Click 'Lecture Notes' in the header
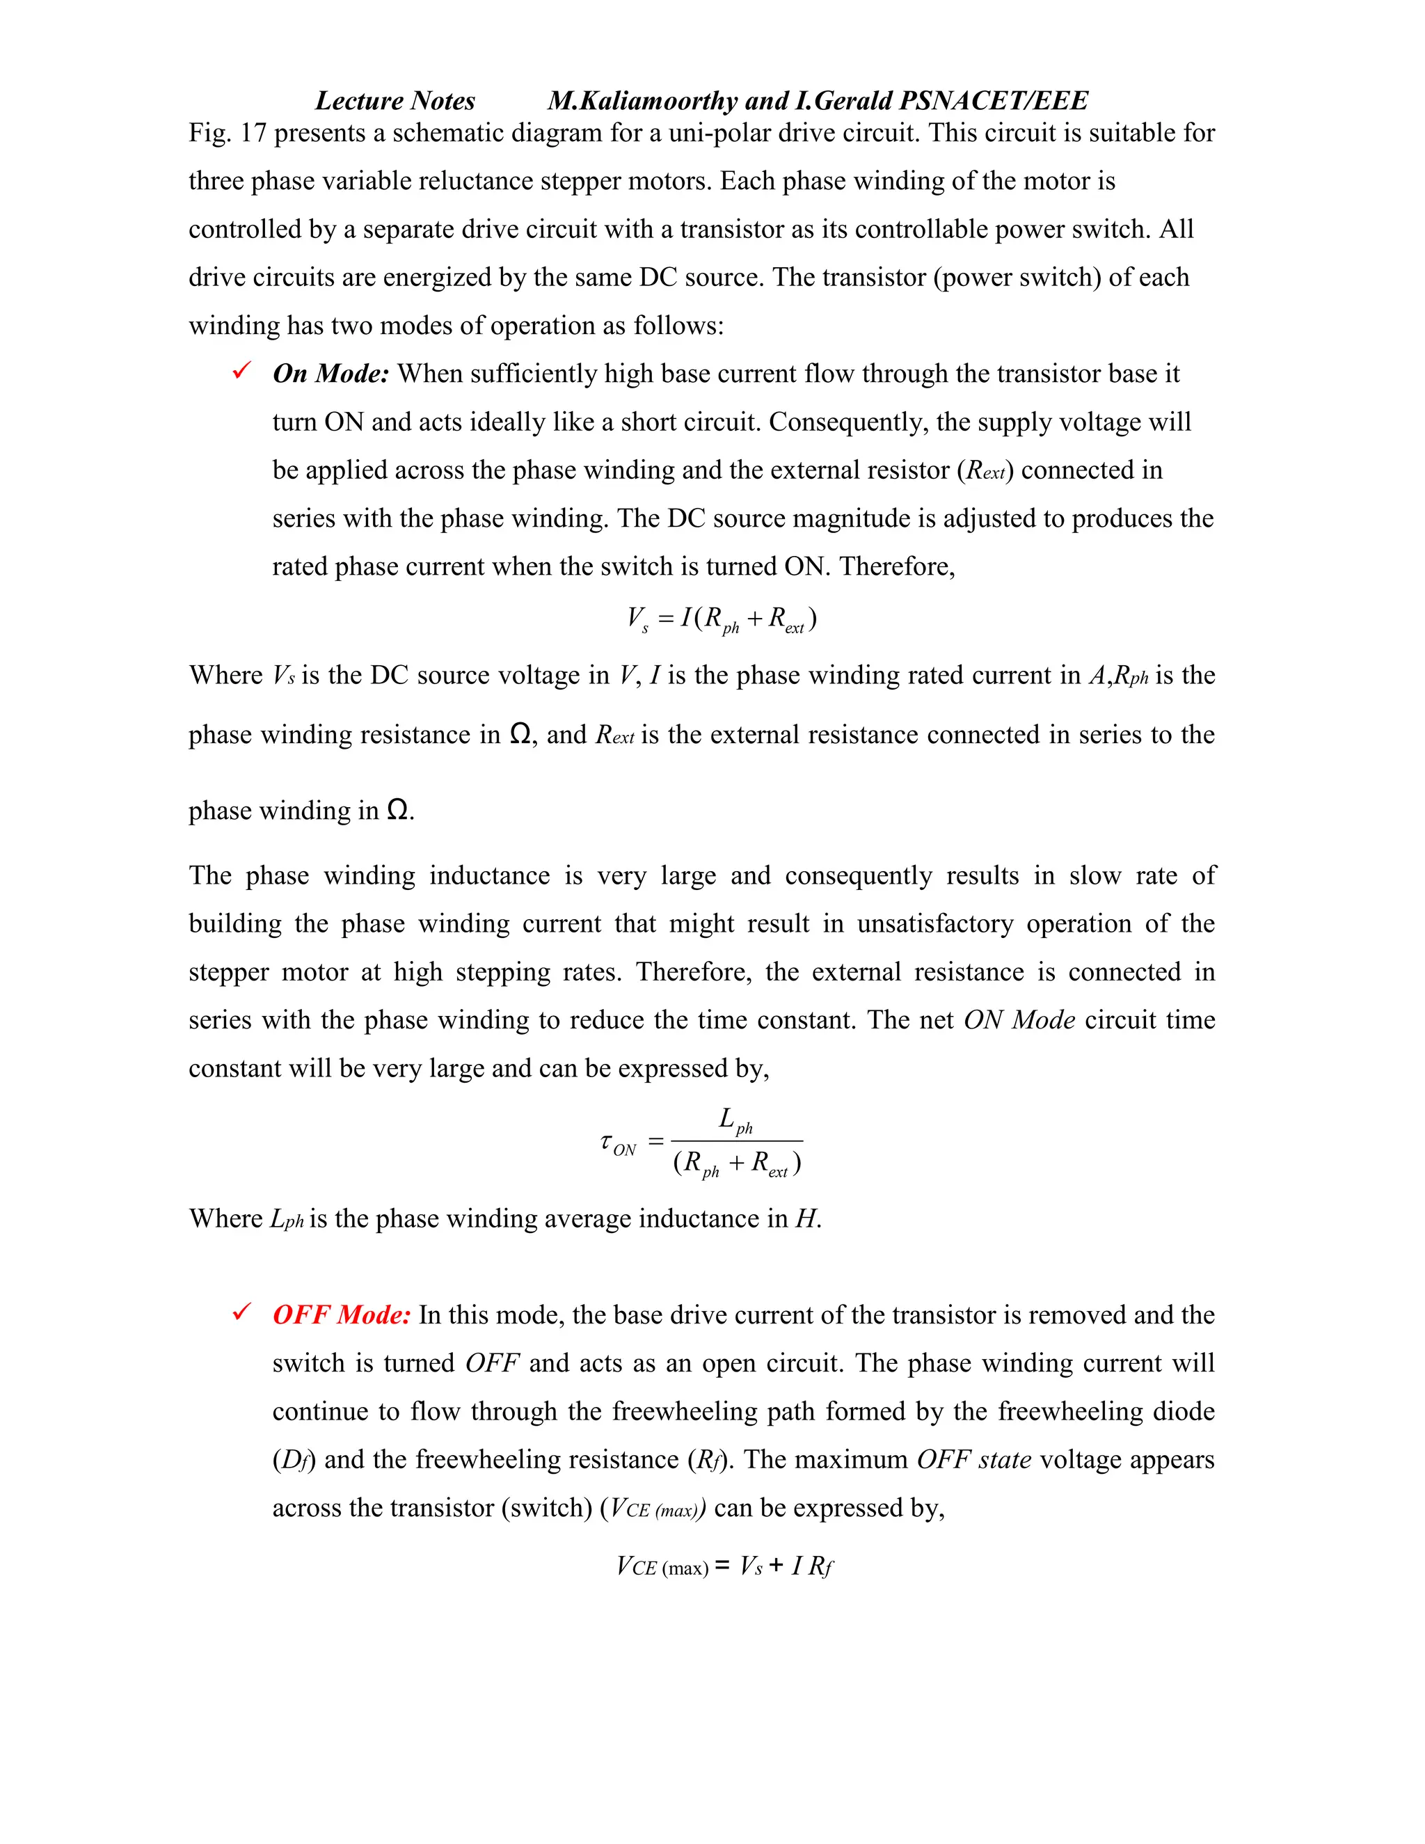coord(395,100)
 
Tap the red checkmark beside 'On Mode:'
coord(241,371)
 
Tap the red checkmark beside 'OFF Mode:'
coord(241,1312)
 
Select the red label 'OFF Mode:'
coord(341,1314)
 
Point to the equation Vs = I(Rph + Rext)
coord(721,620)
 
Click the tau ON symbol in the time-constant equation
coord(617,1144)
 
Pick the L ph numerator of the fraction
coord(735,1120)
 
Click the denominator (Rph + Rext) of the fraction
coord(737,1164)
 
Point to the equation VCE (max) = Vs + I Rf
coord(724,1567)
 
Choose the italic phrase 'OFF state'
coord(973,1460)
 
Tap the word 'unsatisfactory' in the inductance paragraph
coord(935,923)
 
